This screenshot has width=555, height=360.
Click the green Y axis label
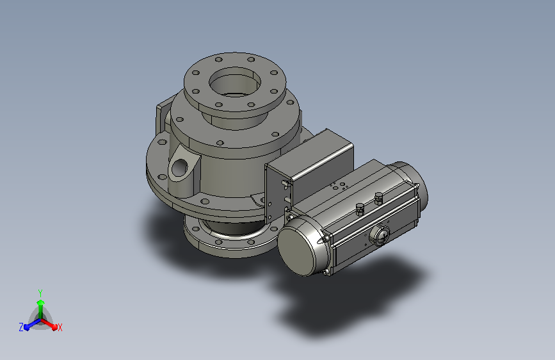coord(40,293)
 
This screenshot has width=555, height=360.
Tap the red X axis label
coord(60,327)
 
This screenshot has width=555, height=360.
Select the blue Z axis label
coord(21,327)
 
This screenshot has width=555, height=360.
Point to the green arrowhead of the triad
coord(41,303)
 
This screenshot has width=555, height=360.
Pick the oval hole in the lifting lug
coord(180,166)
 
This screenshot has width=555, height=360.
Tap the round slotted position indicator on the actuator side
coord(380,235)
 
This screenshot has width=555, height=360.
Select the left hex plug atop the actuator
coord(360,209)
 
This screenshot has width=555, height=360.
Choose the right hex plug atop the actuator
coord(378,199)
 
